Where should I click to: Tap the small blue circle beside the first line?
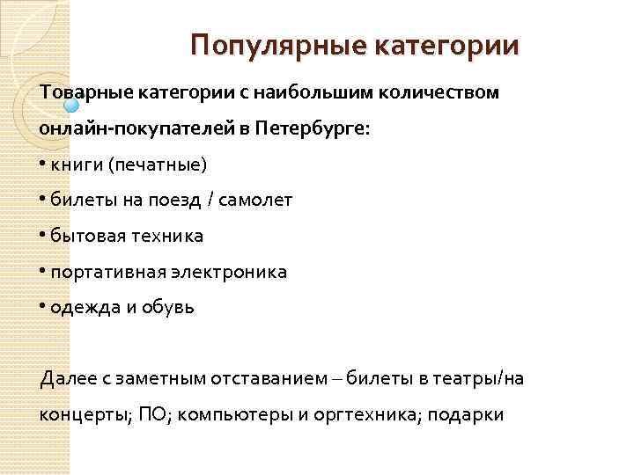coord(72,106)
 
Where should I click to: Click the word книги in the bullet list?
coord(75,164)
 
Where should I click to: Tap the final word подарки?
coord(469,415)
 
